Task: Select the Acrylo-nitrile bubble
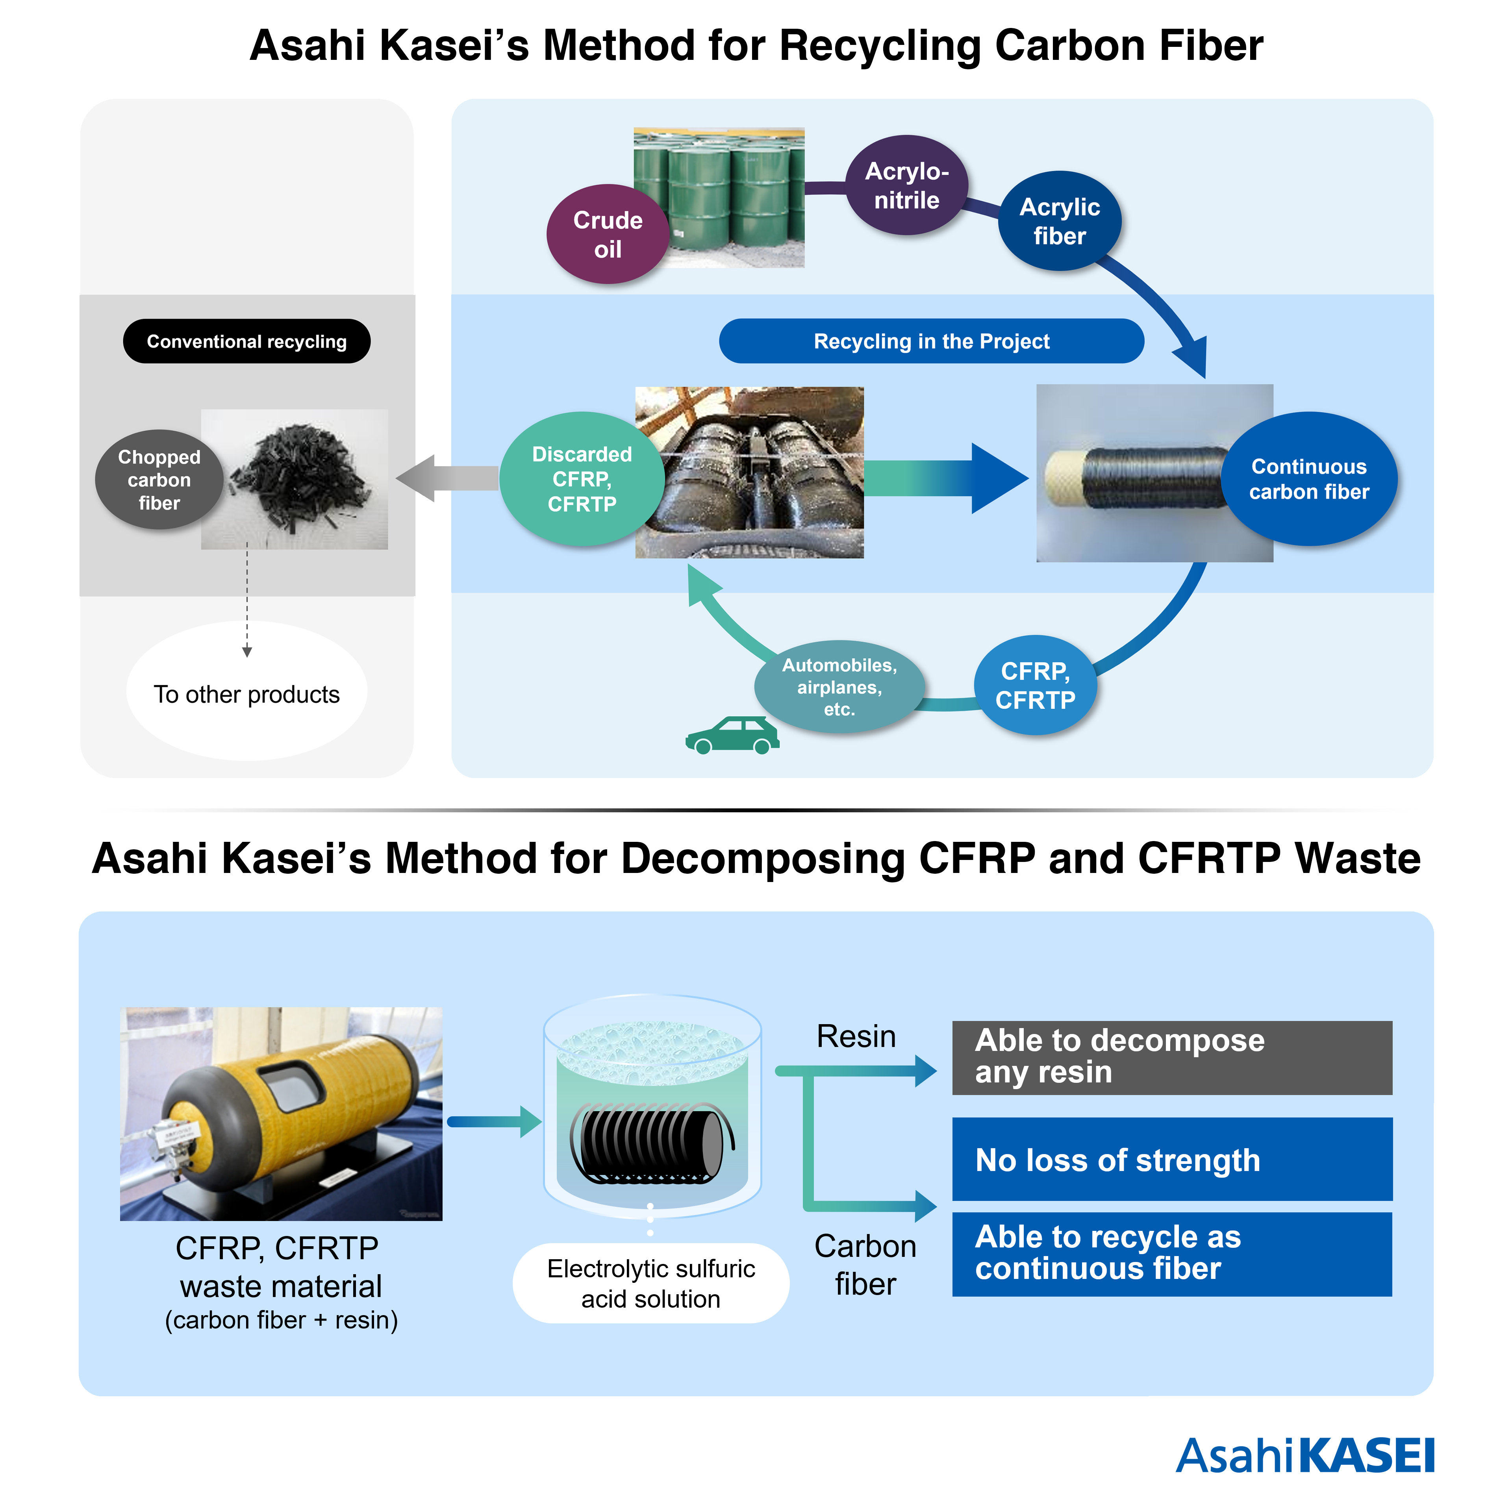(906, 185)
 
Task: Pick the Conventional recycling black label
(246, 341)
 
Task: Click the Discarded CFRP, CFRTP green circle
(582, 479)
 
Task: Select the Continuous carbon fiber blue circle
(1308, 479)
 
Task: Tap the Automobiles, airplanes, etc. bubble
(839, 686)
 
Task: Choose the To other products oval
(246, 694)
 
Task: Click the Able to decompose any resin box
(1171, 1057)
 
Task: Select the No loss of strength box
(1171, 1159)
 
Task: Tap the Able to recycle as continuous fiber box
(1171, 1254)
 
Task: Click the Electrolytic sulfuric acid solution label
(650, 1284)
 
